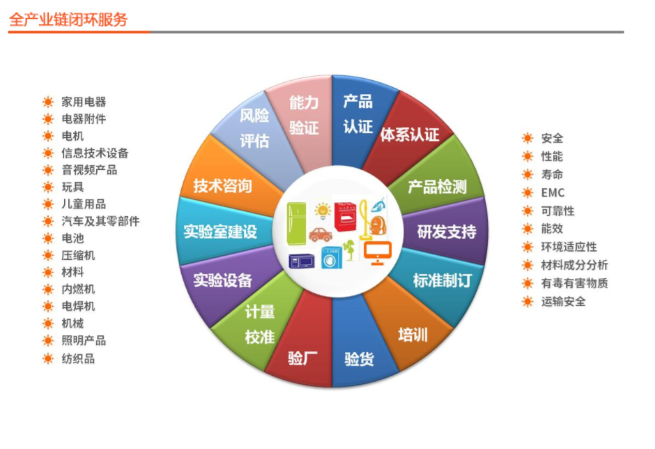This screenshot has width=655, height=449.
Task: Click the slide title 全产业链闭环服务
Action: [68, 20]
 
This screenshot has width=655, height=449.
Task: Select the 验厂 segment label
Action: [302, 358]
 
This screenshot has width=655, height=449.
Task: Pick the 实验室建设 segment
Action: [220, 231]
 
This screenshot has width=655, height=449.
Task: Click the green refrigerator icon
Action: [296, 224]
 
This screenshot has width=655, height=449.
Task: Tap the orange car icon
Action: [321, 234]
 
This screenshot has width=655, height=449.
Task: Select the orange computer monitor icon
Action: [377, 253]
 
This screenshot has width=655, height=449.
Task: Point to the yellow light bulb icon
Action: [323, 211]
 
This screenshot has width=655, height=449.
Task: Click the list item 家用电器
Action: [84, 102]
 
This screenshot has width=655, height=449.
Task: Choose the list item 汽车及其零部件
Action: [100, 221]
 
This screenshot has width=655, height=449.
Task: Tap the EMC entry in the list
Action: [553, 192]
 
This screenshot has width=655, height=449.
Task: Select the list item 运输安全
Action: [564, 301]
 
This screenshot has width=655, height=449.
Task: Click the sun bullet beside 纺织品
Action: [48, 358]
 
